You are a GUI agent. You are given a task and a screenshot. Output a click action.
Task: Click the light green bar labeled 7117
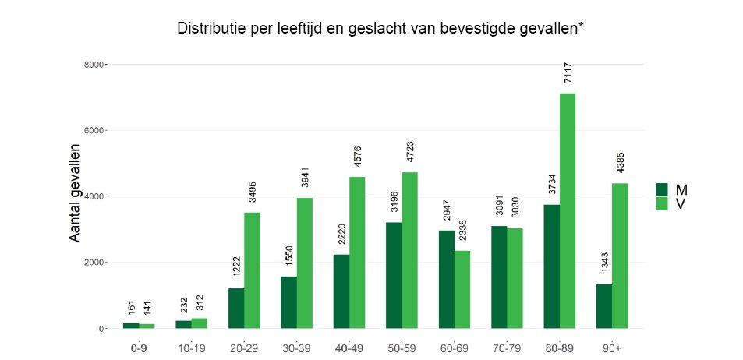coord(568,210)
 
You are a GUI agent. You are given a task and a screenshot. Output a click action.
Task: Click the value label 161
coord(132,308)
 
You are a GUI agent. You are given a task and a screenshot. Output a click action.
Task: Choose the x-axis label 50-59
coord(402,348)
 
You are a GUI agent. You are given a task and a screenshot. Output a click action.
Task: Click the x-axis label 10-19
coord(191,348)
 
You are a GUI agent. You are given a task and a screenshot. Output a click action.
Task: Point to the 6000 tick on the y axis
coord(94,130)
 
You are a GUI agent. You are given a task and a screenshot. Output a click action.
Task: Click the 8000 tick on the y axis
coord(94,64)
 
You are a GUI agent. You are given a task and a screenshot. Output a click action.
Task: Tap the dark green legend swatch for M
coord(663,189)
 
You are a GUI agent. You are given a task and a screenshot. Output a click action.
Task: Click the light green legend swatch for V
coord(663,203)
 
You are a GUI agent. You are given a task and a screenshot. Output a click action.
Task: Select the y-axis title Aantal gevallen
coord(76,192)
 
